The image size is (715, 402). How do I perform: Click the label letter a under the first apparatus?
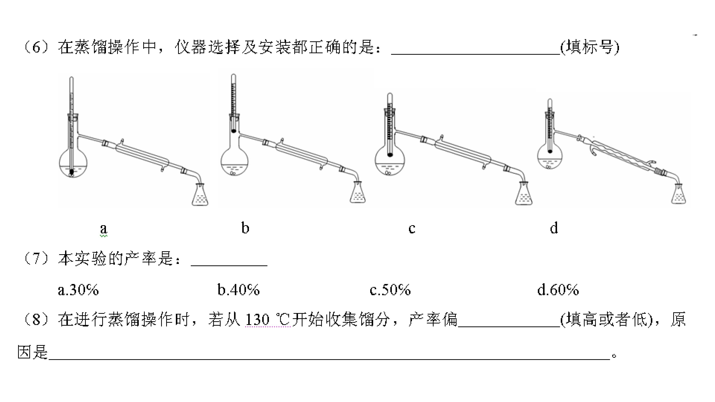104,229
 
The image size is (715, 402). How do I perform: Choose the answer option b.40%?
238,290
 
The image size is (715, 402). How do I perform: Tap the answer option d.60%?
558,290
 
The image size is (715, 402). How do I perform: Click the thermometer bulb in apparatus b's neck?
234,130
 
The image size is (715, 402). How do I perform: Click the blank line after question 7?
229,265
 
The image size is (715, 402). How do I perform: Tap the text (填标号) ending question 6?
589,48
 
